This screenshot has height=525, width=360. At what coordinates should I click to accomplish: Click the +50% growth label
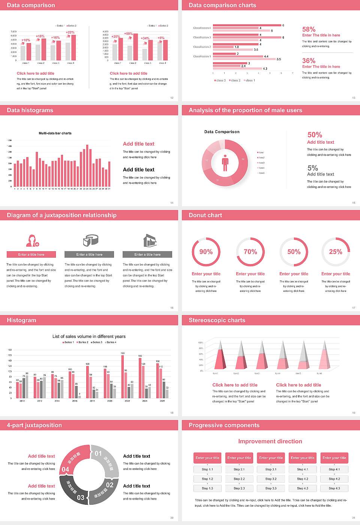tap(128, 34)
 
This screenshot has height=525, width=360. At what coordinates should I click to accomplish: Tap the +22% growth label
tap(70, 33)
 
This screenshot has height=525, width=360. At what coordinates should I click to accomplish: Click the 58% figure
tap(309, 29)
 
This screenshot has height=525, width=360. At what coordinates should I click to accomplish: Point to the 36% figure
tap(309, 61)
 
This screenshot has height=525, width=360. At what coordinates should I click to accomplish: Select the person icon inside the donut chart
tap(225, 163)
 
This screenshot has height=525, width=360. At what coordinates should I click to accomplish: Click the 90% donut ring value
tap(206, 252)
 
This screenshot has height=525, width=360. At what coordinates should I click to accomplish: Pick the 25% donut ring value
tap(336, 252)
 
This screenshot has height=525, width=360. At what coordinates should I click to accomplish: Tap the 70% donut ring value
tap(250, 252)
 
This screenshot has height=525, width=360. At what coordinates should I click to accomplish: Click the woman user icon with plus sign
tap(32, 240)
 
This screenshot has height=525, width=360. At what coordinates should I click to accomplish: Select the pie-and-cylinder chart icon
tap(90, 240)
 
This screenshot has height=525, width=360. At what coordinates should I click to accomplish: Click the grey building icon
tap(150, 240)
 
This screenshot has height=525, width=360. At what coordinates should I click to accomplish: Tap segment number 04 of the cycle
tap(65, 469)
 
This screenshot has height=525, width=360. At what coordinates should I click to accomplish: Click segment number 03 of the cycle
tap(81, 498)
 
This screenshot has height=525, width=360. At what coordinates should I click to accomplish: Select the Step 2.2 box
tap(239, 479)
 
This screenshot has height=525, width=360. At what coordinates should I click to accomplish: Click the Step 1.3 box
tap(207, 488)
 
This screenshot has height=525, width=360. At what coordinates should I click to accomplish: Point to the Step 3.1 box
tap(271, 469)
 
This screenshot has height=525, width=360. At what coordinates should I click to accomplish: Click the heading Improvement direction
tap(270, 441)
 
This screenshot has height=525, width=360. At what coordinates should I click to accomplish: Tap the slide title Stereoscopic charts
tap(217, 320)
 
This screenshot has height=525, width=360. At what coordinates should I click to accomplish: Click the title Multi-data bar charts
tap(55, 133)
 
